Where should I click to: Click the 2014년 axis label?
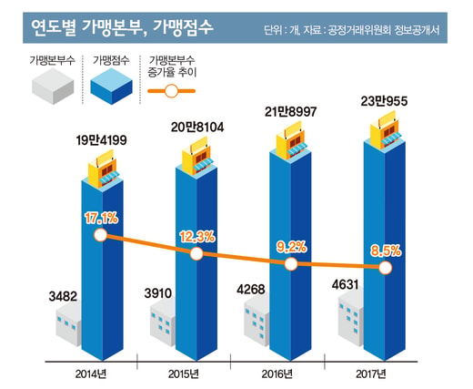91,374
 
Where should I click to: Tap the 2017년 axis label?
371,374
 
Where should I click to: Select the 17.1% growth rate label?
101,219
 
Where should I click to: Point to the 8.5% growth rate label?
386,251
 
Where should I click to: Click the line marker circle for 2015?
196,254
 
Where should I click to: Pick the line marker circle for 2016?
291,264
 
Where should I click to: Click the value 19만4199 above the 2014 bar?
101,140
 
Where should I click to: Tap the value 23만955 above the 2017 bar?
384,101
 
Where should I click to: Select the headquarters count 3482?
63,296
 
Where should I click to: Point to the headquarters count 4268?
251,289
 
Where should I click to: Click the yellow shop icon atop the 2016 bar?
292,140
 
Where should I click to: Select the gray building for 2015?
163,324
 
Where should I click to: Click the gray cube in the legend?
53,86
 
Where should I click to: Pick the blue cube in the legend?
111,86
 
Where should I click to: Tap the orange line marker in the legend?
171,91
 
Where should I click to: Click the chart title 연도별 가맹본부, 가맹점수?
122,28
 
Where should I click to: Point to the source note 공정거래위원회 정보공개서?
384,30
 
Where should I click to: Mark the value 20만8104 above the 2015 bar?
197,128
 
